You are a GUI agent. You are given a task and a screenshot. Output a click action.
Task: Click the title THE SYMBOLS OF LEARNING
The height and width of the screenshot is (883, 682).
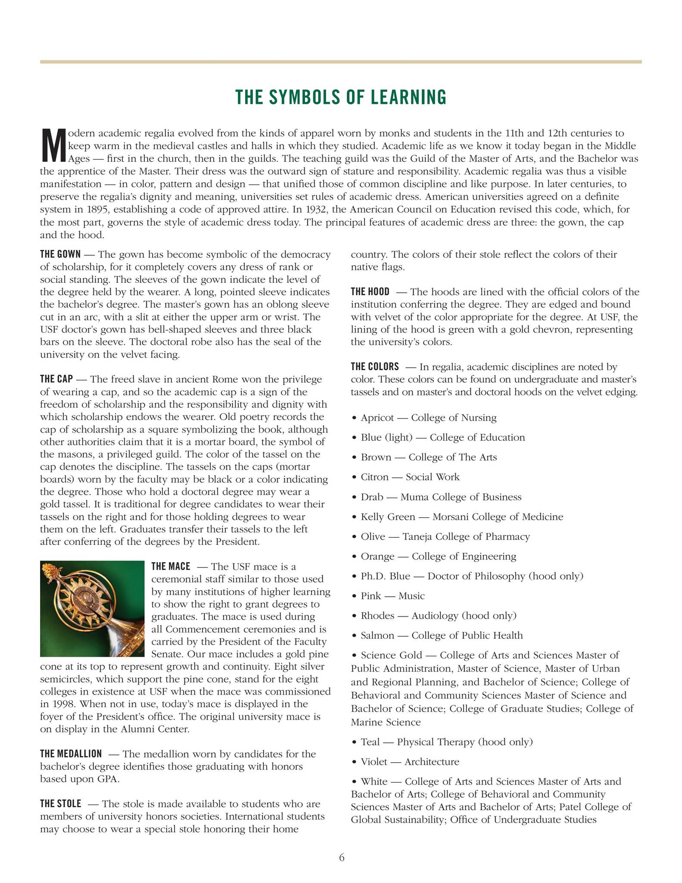tap(341, 97)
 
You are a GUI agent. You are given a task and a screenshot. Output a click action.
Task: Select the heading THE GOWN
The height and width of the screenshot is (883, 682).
tap(60, 254)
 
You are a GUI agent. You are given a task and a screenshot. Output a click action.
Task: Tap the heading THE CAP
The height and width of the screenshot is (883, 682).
tap(56, 379)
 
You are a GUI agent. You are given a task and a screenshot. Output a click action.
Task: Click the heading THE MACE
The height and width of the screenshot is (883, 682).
tap(171, 567)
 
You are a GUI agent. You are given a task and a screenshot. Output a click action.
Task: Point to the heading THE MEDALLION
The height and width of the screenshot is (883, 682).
tap(71, 754)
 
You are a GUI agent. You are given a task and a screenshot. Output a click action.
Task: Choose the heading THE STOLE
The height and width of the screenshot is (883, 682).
tap(61, 804)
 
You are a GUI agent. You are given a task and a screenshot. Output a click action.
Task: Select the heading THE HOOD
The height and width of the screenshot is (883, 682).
tap(370, 292)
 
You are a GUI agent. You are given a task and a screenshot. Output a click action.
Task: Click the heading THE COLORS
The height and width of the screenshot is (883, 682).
tap(375, 367)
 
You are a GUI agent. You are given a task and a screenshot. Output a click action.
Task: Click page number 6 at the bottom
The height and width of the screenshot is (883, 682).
tap(342, 858)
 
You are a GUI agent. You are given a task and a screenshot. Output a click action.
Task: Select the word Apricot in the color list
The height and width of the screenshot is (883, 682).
tap(377, 418)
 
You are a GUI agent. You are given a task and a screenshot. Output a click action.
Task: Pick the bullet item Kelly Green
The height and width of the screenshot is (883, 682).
tap(388, 517)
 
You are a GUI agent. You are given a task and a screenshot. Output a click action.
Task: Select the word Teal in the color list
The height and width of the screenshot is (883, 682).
tap(370, 742)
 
